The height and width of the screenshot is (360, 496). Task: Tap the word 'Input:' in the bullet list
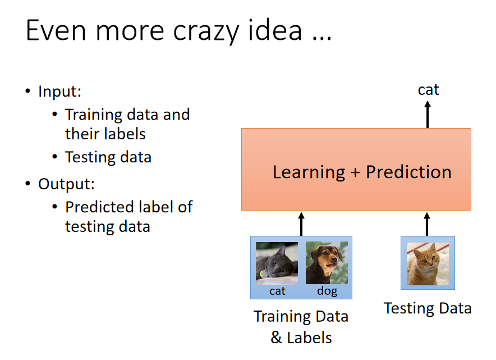point(60,92)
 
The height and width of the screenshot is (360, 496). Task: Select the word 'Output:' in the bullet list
point(66,184)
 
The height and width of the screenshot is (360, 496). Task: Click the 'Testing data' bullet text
point(108,157)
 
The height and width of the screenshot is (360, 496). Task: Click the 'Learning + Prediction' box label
point(362,172)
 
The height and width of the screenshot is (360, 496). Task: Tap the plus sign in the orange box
point(355,173)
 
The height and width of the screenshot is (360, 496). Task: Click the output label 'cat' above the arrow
point(428,90)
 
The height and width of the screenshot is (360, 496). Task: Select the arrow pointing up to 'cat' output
point(428,115)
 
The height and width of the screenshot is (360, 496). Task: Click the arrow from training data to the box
point(301,224)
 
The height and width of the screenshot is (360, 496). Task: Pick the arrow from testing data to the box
point(427,224)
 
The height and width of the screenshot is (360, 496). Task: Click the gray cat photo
point(277,263)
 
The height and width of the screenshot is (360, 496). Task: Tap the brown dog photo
point(327,263)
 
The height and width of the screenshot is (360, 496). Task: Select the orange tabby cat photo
point(428,264)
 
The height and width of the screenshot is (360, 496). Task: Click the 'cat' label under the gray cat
point(277,291)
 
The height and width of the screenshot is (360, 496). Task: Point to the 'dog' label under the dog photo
point(327,291)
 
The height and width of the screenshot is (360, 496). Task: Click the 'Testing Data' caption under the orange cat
point(428,308)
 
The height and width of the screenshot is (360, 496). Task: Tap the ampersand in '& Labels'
point(276,338)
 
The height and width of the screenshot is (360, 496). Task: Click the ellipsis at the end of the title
point(322,38)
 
